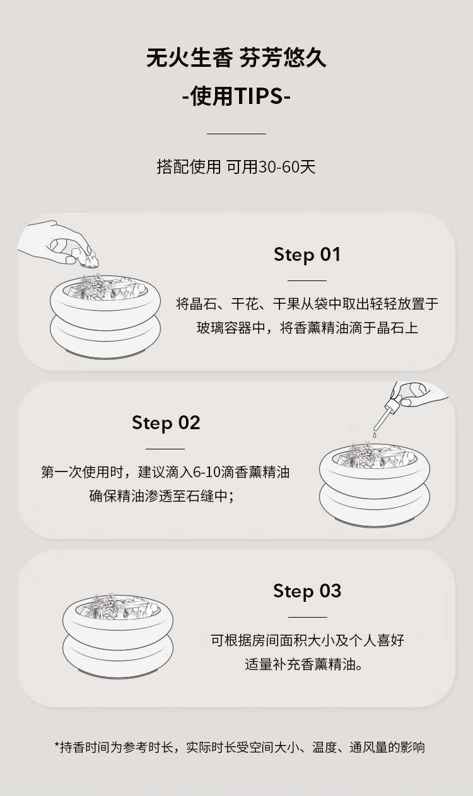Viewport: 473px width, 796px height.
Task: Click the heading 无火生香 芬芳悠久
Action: (236, 58)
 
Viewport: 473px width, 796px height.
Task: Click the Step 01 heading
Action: (307, 255)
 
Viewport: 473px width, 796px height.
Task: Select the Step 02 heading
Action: (166, 423)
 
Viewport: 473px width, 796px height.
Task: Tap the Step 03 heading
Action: (307, 591)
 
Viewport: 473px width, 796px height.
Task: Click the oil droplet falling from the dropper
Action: (375, 434)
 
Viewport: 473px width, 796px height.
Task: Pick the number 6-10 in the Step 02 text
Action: (206, 472)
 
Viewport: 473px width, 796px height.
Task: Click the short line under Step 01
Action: (307, 280)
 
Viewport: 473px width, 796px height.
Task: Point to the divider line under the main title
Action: (237, 134)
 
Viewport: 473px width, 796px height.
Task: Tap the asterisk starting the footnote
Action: (57, 744)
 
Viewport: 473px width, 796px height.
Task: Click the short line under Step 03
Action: (308, 617)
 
